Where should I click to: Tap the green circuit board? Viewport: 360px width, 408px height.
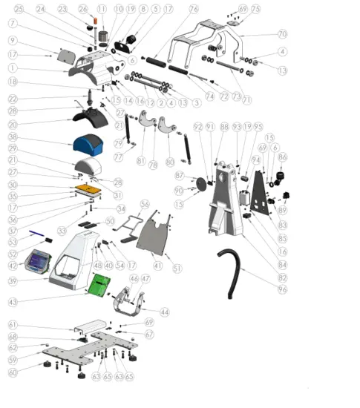[x=99, y=284]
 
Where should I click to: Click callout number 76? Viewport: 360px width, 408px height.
[x=194, y=9]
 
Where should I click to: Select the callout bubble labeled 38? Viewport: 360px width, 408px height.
[x=13, y=137]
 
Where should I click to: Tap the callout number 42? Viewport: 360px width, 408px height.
[x=13, y=265]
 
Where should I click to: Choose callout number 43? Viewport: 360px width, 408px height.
[x=13, y=302]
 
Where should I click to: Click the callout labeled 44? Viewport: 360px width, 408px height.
[x=164, y=312]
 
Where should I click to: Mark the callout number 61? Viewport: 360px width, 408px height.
[x=13, y=325]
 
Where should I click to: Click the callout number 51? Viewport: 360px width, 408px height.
[x=176, y=268]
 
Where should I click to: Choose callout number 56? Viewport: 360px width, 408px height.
[x=145, y=203]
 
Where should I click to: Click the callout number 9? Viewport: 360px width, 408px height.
[x=13, y=40]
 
